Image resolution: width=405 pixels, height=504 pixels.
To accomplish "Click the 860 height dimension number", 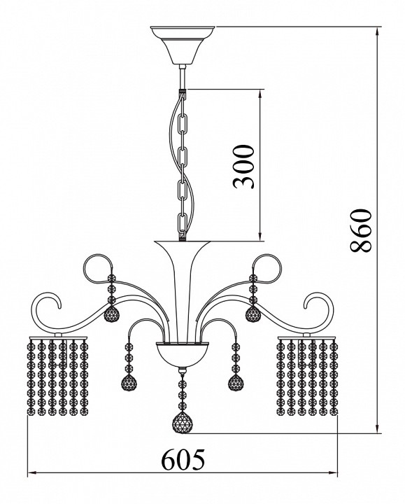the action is point(360,230).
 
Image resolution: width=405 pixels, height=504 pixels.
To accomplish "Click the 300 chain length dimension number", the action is point(243,167).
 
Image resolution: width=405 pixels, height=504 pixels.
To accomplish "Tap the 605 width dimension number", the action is point(183,459).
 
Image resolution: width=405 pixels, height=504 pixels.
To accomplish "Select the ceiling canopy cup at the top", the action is point(183,45).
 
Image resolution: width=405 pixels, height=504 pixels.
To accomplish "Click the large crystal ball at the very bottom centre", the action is point(183,421).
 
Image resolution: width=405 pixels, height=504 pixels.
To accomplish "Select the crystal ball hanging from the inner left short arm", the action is point(129,382).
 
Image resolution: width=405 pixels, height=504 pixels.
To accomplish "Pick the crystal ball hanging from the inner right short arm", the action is point(236,382).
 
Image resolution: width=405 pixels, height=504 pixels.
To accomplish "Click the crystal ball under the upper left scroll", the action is point(111,314).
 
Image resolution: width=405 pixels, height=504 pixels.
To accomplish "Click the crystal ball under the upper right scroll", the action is point(253,314).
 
